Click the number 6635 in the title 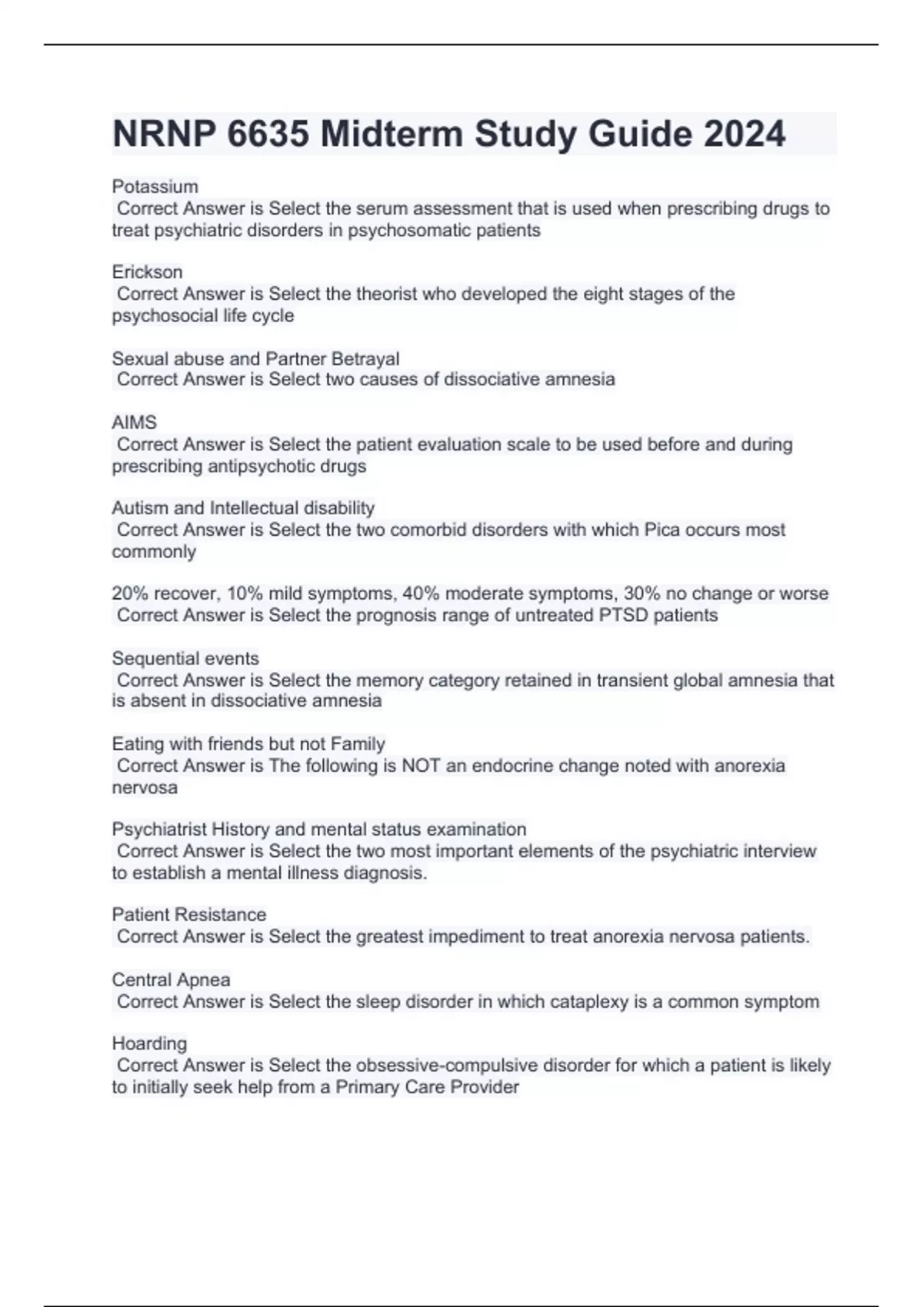click(268, 135)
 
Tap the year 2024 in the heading click(744, 135)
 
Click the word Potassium click(155, 187)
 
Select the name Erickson click(147, 272)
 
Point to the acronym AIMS click(134, 423)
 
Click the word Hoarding click(149, 1043)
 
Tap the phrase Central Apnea click(171, 980)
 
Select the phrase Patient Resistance click(188, 915)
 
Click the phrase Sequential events click(185, 659)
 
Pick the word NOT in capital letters click(421, 766)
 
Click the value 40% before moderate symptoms click(420, 594)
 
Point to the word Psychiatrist click(159, 830)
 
